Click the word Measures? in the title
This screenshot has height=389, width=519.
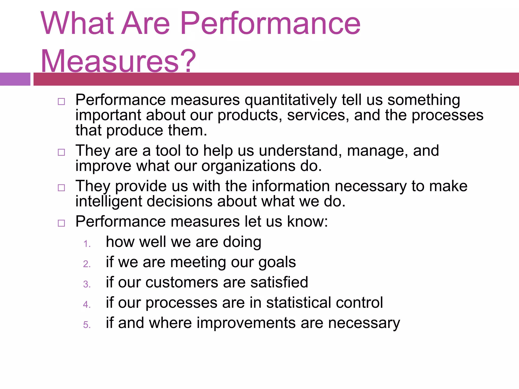(x=118, y=61)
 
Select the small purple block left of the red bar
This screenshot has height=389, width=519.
(x=15, y=79)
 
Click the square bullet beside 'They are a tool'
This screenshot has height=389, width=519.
(x=61, y=152)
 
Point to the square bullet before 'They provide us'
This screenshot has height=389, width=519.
(x=61, y=188)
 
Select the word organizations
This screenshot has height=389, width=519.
(x=248, y=166)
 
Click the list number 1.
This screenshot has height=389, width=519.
(x=87, y=244)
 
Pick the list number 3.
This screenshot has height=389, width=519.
(x=87, y=284)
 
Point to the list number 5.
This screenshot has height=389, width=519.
(x=87, y=325)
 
